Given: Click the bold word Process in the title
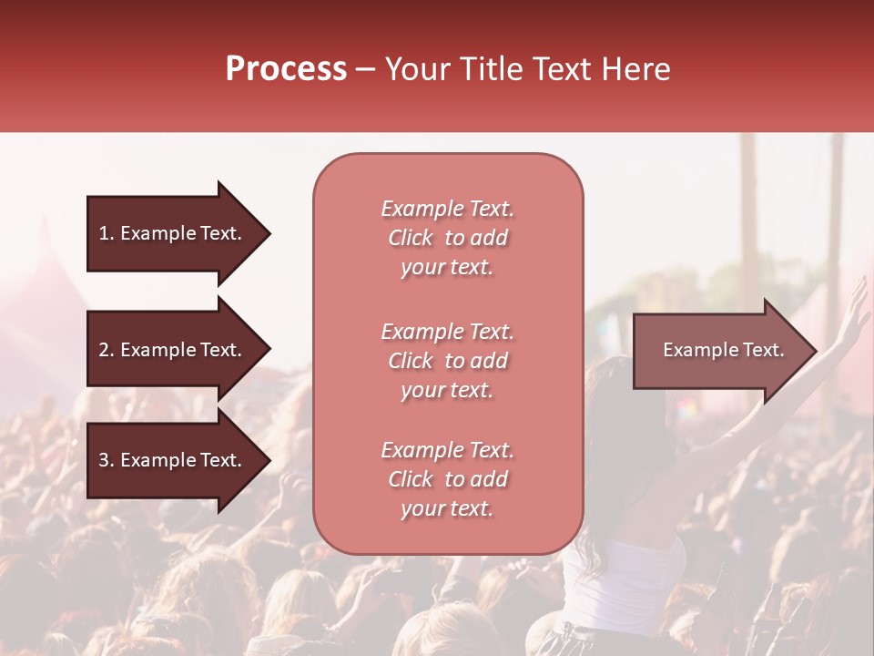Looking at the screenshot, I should pos(286,69).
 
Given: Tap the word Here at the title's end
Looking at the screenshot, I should pos(637,69).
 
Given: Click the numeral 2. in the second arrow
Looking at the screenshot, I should pos(107,350).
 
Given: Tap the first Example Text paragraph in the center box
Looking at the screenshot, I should pos(447,238).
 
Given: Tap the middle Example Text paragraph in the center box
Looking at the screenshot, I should pos(447,361).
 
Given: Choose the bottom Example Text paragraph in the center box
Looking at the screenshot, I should pos(447,479).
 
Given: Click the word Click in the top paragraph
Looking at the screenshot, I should pos(411,238).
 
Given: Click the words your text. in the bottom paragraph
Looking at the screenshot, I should pos(447,508).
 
